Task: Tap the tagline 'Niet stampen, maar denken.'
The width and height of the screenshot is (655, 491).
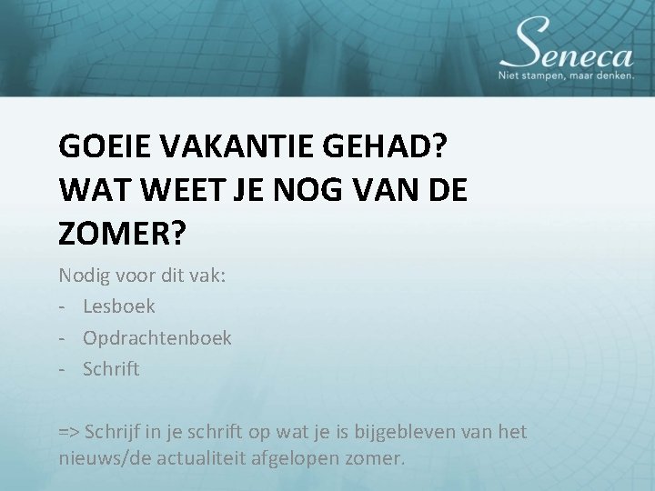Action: tap(566, 76)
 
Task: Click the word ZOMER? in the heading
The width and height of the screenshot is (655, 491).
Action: tap(122, 235)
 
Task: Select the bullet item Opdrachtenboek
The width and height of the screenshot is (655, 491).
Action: tap(157, 338)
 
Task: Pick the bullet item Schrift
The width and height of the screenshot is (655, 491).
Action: tap(111, 369)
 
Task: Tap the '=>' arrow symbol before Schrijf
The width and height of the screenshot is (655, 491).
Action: tap(70, 432)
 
